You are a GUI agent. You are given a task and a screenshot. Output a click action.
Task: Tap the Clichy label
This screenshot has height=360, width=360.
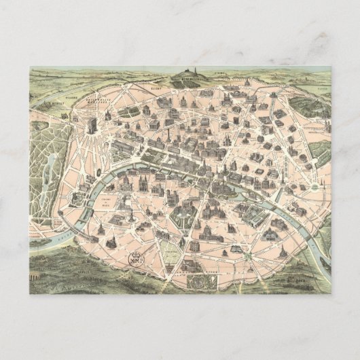coord(158,88)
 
